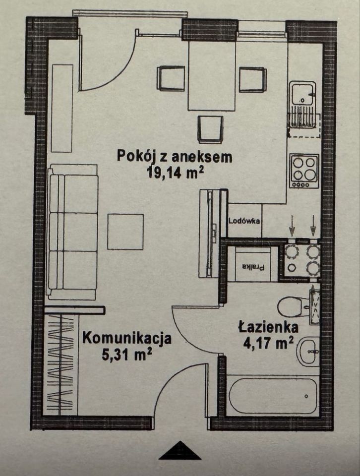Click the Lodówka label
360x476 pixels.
coord(245,221)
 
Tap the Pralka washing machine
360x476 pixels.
coord(253,266)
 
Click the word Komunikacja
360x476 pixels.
coord(127,339)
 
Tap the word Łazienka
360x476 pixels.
coord(268,327)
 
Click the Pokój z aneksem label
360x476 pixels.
coord(175,156)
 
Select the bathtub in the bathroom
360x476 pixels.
coord(273,396)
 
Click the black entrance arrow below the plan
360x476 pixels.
coord(180,451)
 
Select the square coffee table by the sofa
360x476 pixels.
coord(125,232)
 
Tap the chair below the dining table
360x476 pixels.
coord(210,129)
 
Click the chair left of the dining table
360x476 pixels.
coord(171,78)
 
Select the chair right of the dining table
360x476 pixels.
coord(252,79)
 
